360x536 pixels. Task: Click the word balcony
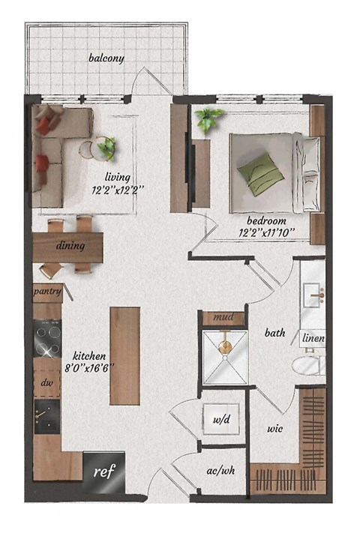point(106,58)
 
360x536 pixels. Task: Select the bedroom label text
point(266,221)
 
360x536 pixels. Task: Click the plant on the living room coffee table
point(106,147)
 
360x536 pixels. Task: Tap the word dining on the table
point(70,245)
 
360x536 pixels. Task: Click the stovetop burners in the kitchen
point(46,338)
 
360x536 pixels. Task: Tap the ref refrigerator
point(103,472)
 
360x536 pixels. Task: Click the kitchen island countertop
point(124,356)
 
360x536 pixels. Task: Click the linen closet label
point(313,339)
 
